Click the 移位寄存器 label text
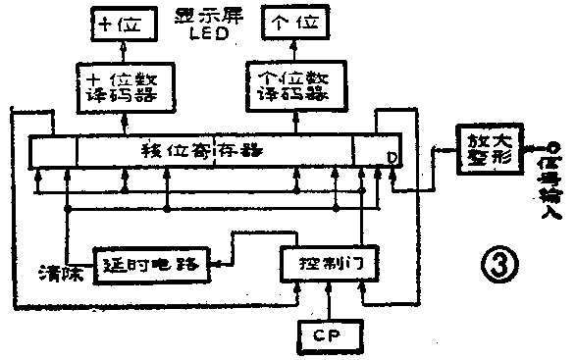click(201, 151)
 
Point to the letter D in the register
click(392, 157)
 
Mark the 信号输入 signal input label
click(552, 186)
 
